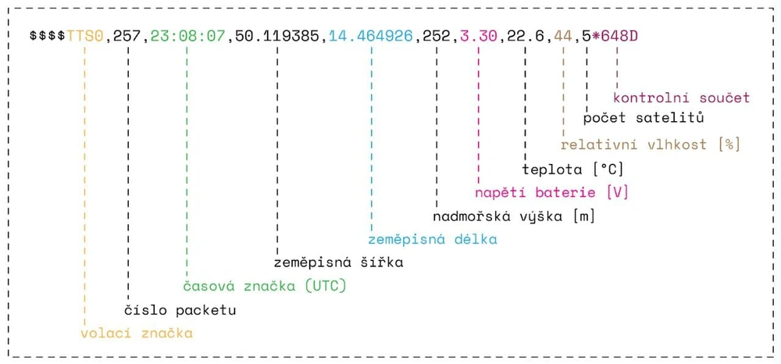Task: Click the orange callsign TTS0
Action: (x=85, y=37)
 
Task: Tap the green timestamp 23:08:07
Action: (x=187, y=37)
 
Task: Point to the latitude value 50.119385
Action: (x=277, y=37)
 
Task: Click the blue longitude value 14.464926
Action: (x=371, y=37)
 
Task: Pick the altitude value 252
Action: (x=437, y=37)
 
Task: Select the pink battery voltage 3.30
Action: (x=479, y=37)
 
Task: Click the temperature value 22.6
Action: (x=526, y=37)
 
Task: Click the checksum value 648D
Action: (x=619, y=37)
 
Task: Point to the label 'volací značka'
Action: (x=137, y=333)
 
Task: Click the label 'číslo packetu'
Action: (x=180, y=310)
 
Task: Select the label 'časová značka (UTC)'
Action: (x=264, y=287)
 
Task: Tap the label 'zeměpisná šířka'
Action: (x=339, y=262)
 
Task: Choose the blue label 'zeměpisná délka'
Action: (x=433, y=240)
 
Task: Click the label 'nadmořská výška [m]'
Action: (x=514, y=216)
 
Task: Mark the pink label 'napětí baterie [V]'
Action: (x=551, y=193)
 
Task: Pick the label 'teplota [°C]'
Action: (x=572, y=170)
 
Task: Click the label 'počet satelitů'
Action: (x=643, y=119)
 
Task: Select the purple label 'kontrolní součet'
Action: (x=681, y=98)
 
